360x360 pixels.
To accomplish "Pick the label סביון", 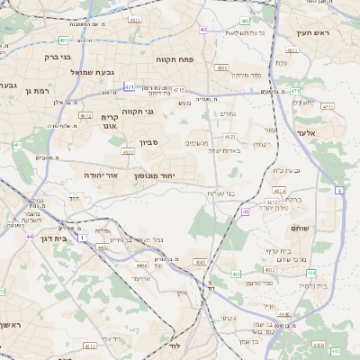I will click(149, 142).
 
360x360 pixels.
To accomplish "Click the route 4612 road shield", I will click(85, 115).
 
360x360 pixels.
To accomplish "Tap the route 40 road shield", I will click(246, 212).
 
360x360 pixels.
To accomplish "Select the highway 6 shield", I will click(339, 190).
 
